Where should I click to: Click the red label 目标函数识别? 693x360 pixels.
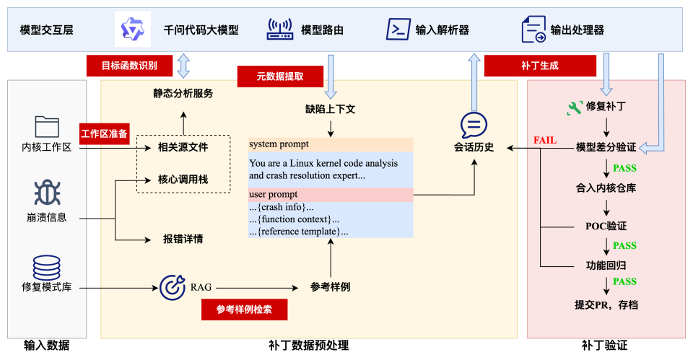(130, 66)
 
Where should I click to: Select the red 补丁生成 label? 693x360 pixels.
(540, 66)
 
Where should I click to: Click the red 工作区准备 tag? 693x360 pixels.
(105, 133)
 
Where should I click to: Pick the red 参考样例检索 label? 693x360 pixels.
(244, 309)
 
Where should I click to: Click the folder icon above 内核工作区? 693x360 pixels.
(47, 127)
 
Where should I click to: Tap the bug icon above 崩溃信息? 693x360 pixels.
(47, 193)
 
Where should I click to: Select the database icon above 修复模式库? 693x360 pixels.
(47, 267)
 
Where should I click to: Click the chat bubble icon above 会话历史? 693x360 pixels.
(474, 126)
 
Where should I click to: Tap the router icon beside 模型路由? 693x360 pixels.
(280, 30)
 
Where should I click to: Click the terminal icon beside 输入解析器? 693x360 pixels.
(398, 30)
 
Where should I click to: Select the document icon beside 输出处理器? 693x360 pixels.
(533, 30)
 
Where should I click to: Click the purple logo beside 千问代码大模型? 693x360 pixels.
(133, 30)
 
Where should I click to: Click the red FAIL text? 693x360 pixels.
(545, 140)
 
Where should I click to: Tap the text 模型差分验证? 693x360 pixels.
(606, 147)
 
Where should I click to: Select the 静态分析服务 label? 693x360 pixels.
(183, 94)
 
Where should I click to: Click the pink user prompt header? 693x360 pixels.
(331, 195)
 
